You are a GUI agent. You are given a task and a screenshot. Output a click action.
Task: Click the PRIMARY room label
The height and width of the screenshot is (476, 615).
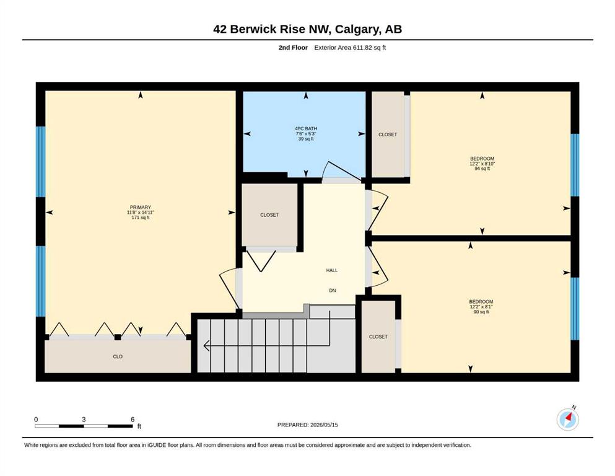[x=141, y=207]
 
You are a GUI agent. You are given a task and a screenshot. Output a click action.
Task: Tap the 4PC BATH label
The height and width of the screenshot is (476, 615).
[x=306, y=128]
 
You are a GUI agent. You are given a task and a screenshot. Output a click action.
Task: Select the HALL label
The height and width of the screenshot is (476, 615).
[x=332, y=270]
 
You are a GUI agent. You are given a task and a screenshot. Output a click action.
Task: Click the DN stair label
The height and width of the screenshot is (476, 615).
[x=333, y=291]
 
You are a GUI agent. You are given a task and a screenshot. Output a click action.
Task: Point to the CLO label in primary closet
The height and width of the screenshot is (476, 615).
[x=118, y=356]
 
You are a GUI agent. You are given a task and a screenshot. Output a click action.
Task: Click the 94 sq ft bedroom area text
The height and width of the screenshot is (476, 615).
[x=482, y=169]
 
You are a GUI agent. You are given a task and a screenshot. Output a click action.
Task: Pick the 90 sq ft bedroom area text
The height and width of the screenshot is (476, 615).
[x=481, y=312]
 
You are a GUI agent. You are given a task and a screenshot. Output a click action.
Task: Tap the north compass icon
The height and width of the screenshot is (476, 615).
[x=567, y=419]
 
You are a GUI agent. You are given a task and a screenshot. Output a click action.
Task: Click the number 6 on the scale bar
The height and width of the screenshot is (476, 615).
[x=133, y=419]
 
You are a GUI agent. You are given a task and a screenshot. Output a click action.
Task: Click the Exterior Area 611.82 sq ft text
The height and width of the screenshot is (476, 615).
[x=350, y=48]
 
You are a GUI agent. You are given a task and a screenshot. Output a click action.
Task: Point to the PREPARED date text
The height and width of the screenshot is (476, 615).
[x=307, y=425]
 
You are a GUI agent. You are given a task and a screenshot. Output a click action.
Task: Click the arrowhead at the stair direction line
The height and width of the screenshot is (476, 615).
[x=206, y=346]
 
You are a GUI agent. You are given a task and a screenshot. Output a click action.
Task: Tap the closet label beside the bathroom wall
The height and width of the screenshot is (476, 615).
[x=388, y=134]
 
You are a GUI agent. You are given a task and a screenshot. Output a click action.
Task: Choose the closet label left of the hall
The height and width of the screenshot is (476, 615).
[x=269, y=214]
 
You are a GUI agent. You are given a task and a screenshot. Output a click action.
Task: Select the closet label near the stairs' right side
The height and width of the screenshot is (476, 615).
[x=378, y=337]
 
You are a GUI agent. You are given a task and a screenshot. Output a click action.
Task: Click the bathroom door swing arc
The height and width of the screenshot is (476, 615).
[x=324, y=170]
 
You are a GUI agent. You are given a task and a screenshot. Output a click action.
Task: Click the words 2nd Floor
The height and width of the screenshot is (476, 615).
[x=293, y=48]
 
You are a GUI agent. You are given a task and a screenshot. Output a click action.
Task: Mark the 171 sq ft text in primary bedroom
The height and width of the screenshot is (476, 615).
[x=141, y=218]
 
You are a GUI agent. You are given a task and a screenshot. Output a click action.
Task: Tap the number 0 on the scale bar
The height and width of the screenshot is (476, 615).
[x=36, y=419]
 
